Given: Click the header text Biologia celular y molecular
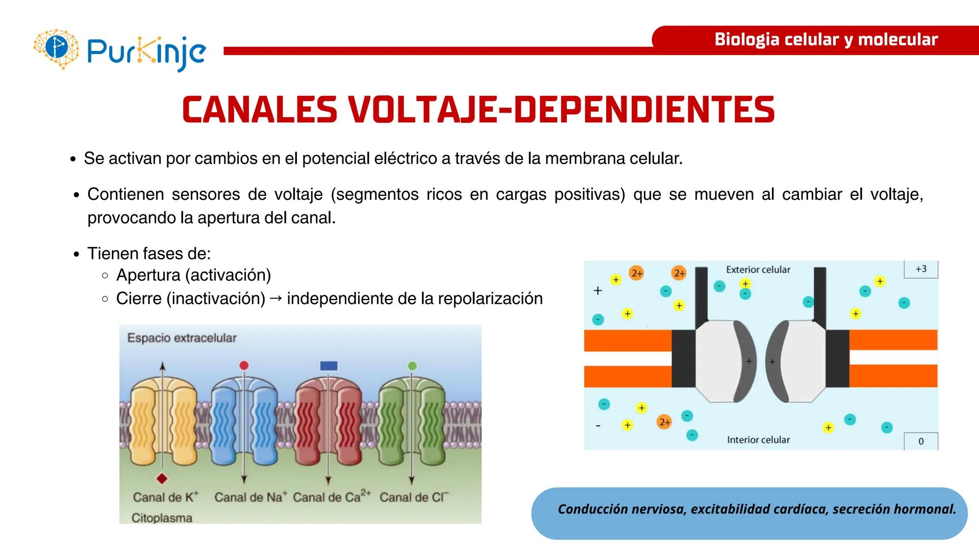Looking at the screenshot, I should point(826,39).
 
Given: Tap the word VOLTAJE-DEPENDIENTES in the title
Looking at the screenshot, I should point(561,109).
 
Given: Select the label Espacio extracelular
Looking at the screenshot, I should point(182,338).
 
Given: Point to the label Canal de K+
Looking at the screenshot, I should point(165,497).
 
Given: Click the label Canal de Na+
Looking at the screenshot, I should point(250,497).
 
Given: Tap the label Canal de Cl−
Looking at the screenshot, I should point(414,497).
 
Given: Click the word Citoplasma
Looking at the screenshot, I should point(162,518).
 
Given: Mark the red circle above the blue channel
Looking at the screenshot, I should point(244,365).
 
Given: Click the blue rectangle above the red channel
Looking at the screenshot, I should point(329,365).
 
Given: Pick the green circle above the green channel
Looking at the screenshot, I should point(412,365).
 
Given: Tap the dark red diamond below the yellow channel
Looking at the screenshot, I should point(162,479).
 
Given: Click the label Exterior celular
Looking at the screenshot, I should point(758,269).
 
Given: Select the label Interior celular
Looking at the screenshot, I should point(758,440).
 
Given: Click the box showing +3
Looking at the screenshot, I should point(921,269).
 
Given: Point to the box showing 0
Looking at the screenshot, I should point(921,441).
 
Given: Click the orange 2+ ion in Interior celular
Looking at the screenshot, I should point(664,422).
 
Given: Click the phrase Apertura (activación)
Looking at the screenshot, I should point(193,275).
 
